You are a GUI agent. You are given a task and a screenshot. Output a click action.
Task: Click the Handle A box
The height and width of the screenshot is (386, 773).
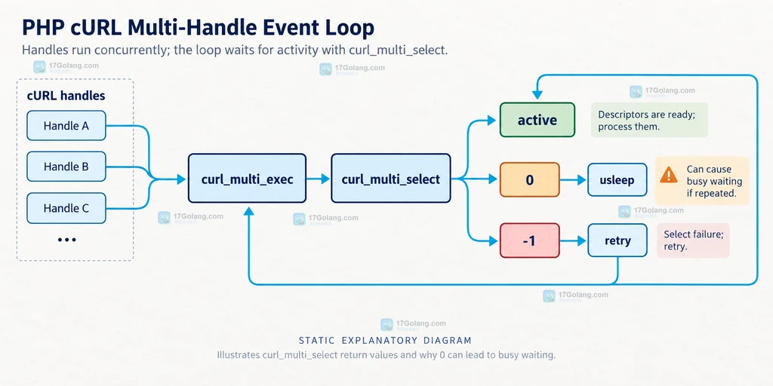click(x=66, y=126)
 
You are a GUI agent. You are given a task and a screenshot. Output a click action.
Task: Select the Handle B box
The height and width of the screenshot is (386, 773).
click(x=66, y=167)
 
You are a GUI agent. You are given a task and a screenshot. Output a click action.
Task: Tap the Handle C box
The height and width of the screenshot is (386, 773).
click(x=66, y=208)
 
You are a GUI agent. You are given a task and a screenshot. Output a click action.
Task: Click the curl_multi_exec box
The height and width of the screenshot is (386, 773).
click(x=247, y=178)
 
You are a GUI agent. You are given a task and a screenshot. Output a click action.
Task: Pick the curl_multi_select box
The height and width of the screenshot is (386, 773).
click(x=390, y=178)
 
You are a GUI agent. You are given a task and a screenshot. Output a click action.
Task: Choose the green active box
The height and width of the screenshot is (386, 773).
click(x=537, y=120)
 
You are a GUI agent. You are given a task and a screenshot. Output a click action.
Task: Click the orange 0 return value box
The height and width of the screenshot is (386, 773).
click(x=529, y=179)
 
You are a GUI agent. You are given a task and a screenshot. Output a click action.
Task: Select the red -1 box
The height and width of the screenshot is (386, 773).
click(x=529, y=240)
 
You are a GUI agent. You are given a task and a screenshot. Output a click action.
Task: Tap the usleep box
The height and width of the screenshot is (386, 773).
click(x=617, y=179)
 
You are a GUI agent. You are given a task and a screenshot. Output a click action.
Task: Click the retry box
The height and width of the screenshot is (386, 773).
click(x=617, y=240)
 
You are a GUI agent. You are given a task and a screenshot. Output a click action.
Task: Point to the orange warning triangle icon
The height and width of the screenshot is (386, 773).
click(x=669, y=174)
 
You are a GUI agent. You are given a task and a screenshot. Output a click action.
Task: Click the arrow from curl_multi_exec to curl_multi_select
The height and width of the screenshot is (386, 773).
click(x=319, y=179)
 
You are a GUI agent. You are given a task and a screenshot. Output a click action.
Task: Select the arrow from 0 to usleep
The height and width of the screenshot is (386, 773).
click(x=574, y=180)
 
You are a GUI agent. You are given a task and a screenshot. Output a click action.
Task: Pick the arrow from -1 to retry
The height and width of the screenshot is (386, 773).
click(x=574, y=241)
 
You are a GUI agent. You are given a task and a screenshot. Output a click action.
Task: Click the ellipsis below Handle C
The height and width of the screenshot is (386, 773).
click(x=66, y=240)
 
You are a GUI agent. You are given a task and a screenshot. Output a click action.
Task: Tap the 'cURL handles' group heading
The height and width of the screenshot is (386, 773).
click(x=66, y=95)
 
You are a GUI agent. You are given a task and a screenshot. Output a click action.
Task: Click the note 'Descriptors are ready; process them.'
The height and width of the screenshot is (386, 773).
click(x=649, y=120)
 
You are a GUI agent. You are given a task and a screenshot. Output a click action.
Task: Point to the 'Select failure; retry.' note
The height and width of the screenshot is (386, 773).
click(x=693, y=240)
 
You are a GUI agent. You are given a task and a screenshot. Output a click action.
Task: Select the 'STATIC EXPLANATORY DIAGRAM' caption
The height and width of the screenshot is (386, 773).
click(x=386, y=340)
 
